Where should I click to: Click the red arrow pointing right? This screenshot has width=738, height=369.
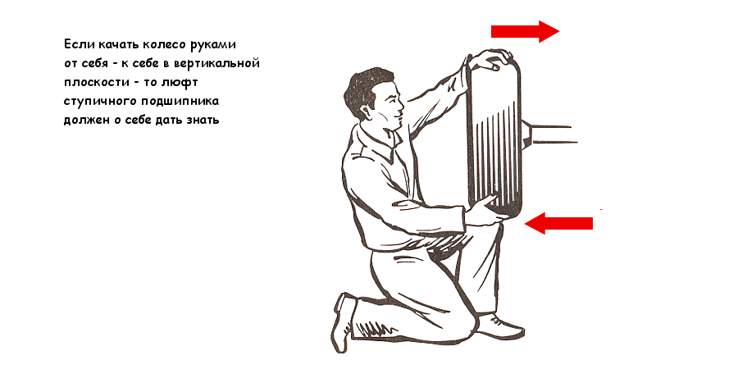[525, 31]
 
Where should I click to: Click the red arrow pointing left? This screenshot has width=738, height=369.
[558, 223]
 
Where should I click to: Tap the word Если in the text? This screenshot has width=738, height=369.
[80, 45]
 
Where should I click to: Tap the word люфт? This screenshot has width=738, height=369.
[180, 83]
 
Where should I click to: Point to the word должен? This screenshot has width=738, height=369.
[86, 120]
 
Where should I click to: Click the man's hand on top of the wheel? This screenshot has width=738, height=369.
[490, 59]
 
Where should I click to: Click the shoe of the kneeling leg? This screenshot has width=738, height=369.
[344, 322]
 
